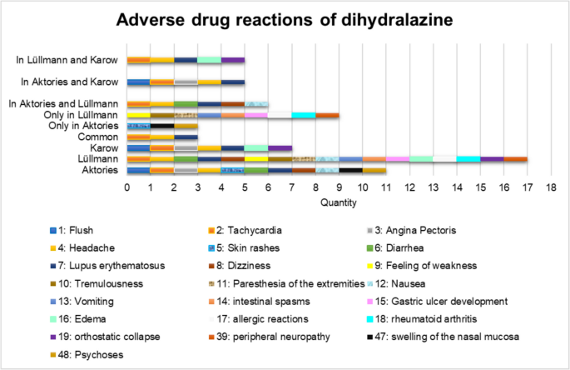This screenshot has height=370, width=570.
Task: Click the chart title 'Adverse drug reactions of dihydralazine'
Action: coord(285,19)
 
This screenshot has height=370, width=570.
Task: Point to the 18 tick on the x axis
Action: coord(550,188)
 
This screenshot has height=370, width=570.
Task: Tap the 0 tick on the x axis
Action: coord(126,188)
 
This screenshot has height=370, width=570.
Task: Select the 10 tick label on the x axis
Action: coord(362,188)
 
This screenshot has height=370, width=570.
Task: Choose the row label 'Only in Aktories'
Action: coord(83,125)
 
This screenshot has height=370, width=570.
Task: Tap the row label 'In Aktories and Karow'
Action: coord(71,82)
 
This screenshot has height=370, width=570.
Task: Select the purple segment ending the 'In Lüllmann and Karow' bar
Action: coord(233,60)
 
